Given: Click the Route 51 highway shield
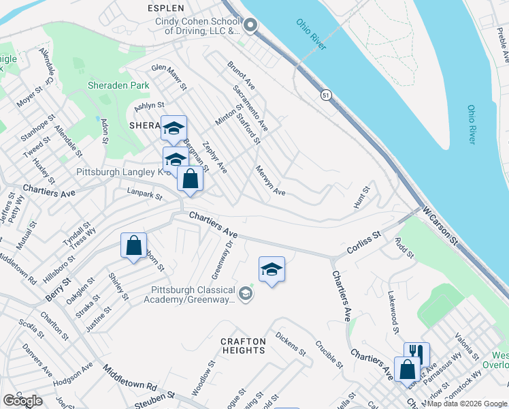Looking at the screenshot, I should tap(327, 96).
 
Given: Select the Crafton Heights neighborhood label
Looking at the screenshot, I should tap(243, 345).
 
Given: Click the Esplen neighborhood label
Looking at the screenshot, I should tap(165, 8).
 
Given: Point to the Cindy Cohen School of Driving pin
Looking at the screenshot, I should tap(250, 27).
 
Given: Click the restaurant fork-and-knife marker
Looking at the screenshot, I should tap(416, 354).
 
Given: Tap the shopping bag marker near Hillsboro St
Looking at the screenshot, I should tap(134, 245).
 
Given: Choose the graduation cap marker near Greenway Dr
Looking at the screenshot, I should tap(272, 269).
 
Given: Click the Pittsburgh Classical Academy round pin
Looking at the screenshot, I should tap(246, 294).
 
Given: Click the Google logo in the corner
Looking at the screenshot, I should tap(22, 401).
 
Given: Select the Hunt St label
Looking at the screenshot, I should tap(361, 196).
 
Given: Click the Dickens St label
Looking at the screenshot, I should tap(291, 343).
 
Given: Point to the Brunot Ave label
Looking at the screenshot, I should tap(240, 77).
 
